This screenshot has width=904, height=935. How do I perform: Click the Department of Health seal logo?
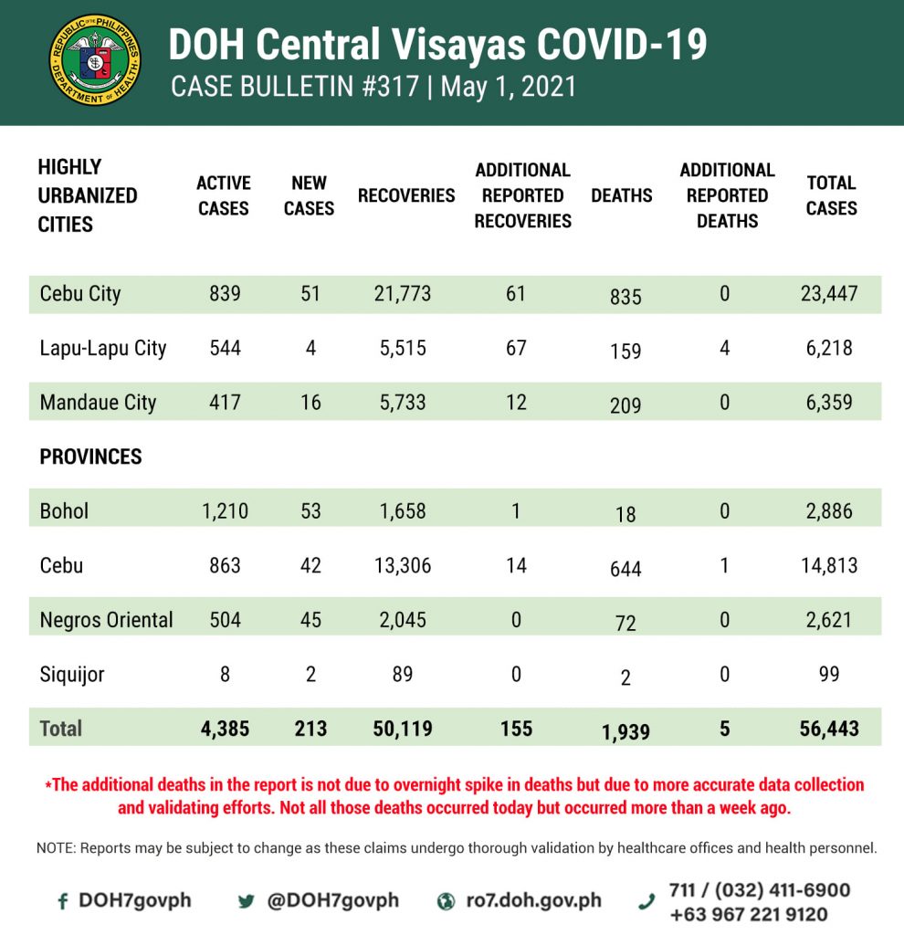click(95, 59)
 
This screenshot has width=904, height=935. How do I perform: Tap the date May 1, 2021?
click(512, 87)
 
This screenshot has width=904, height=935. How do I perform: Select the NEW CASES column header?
click(309, 195)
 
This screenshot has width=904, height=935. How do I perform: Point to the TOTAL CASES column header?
click(831, 195)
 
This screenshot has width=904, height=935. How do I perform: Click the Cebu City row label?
click(80, 294)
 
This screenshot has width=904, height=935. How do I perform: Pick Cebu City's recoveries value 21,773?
click(402, 294)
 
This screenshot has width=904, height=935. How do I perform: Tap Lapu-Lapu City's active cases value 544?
click(224, 348)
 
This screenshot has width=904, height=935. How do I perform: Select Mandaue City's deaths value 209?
click(625, 405)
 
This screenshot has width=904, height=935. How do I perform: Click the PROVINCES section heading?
click(90, 457)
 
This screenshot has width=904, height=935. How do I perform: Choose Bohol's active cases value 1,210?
click(225, 510)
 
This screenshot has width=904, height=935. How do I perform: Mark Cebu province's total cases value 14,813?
click(829, 565)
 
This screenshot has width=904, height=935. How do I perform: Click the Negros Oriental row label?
click(106, 620)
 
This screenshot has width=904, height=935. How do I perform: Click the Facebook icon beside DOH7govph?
click(63, 901)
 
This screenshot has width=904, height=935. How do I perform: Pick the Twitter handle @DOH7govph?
click(332, 900)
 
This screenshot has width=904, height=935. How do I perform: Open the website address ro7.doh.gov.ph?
click(533, 900)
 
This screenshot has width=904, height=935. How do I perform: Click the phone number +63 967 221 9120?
click(748, 914)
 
